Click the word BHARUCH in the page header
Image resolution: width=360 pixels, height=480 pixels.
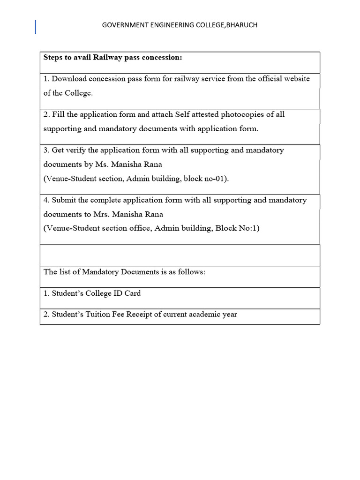pos(242,25)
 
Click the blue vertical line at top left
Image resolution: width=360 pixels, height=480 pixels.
pos(36,27)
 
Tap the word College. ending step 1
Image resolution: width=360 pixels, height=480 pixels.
pos(79,93)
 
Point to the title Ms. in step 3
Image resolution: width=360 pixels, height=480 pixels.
pos(103,165)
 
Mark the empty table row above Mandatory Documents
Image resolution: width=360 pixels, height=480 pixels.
pos(180,255)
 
